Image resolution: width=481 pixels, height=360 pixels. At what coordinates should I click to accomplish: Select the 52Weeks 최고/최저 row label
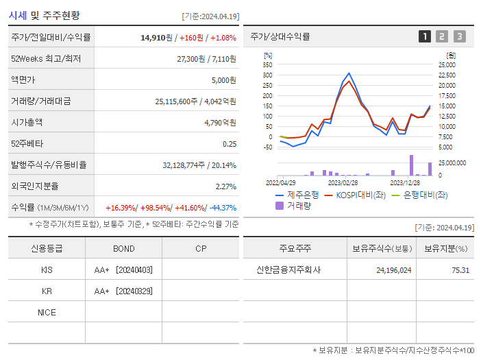point(46,59)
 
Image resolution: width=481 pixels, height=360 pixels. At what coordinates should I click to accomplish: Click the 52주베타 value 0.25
point(229,144)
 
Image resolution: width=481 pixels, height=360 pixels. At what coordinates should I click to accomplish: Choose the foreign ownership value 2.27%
point(225,187)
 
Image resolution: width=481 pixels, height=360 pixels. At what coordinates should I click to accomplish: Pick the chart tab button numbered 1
point(425,37)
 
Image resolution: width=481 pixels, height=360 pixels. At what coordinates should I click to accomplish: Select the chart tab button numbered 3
point(459,37)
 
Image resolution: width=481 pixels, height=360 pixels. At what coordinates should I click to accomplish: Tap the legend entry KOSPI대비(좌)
point(360,195)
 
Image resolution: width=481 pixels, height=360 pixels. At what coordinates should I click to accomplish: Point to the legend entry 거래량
point(299,205)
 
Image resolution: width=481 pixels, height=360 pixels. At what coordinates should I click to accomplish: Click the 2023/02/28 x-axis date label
point(343,182)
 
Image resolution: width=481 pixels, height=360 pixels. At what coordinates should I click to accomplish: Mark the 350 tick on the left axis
point(267,64)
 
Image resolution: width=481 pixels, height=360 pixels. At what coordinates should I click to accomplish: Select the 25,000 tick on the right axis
point(447,64)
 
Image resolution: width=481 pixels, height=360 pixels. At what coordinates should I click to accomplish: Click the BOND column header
point(124,248)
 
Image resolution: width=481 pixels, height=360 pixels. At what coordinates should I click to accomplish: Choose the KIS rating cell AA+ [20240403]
point(123,270)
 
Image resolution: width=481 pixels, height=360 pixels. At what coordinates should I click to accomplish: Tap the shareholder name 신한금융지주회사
point(288,270)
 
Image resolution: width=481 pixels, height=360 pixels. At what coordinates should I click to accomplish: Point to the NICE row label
point(47,313)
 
